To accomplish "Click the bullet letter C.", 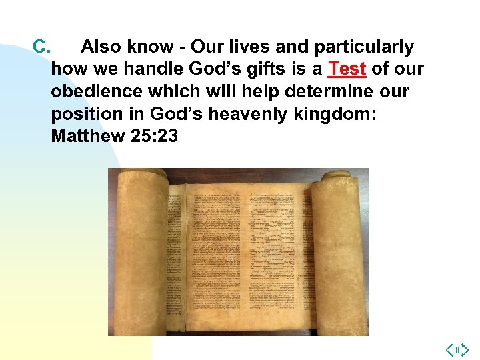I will coord(41,47).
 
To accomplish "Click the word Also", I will coord(101,47).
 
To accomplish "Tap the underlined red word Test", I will coord(347,69).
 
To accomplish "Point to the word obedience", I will coord(94,91).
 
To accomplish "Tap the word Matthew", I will coord(87,136).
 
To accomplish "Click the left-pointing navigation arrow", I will coord(451,349).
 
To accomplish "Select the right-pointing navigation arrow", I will coord(464,349).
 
